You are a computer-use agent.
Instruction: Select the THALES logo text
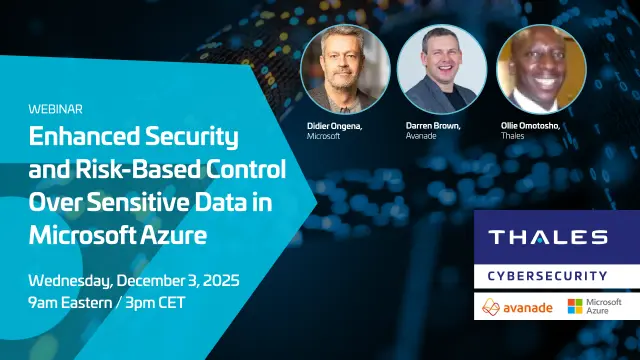(547, 238)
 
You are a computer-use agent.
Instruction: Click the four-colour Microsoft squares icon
(576, 305)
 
